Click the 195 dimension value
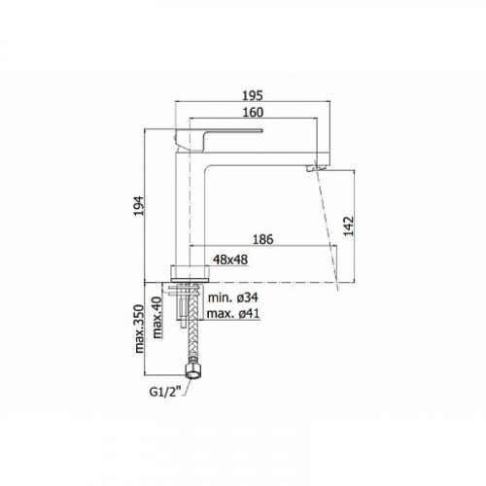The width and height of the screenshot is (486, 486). [253, 96]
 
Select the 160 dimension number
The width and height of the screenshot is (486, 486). [253, 113]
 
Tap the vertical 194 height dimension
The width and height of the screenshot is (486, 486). [138, 206]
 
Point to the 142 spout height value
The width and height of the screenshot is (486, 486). [349, 226]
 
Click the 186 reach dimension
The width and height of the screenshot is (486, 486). [263, 239]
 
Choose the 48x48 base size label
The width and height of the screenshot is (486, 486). [230, 260]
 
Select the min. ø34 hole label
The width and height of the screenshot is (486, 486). [233, 297]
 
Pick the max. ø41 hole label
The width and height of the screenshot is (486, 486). [233, 314]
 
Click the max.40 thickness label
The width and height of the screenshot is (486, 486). [156, 318]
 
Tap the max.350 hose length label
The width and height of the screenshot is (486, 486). [139, 329]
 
